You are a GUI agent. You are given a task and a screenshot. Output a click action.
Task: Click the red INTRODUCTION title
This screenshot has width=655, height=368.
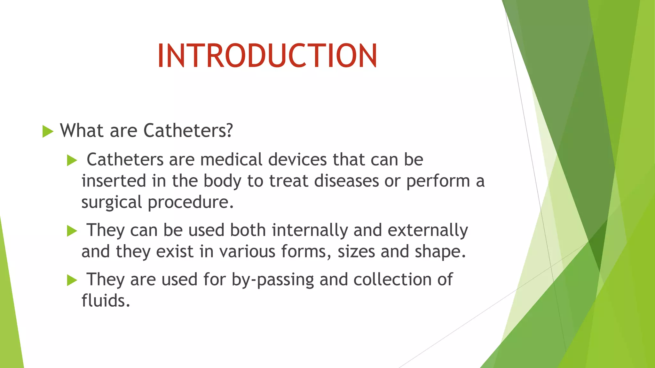[x=267, y=56]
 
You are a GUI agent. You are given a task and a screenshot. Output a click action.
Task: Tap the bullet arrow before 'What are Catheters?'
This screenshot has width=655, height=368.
[x=48, y=131]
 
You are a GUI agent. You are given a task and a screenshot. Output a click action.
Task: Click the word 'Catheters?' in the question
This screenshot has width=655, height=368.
[x=188, y=131]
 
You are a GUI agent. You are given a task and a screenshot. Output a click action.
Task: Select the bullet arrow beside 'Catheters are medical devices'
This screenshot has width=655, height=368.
[x=72, y=160]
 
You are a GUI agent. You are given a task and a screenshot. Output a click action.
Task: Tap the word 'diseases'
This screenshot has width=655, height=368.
[x=346, y=181]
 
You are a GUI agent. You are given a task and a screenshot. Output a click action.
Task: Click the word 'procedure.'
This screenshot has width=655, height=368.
[x=191, y=203]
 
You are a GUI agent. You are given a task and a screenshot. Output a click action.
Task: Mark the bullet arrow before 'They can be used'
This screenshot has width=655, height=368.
[x=72, y=231]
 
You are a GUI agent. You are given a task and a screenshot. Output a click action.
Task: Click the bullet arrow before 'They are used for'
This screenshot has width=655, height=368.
[x=72, y=280]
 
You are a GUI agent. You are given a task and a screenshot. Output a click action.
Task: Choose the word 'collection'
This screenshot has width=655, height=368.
[x=392, y=280]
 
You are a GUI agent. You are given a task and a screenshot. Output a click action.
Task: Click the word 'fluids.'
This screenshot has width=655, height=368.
[x=106, y=301]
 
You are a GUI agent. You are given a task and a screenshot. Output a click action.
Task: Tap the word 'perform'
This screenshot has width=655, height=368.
[x=438, y=181]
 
